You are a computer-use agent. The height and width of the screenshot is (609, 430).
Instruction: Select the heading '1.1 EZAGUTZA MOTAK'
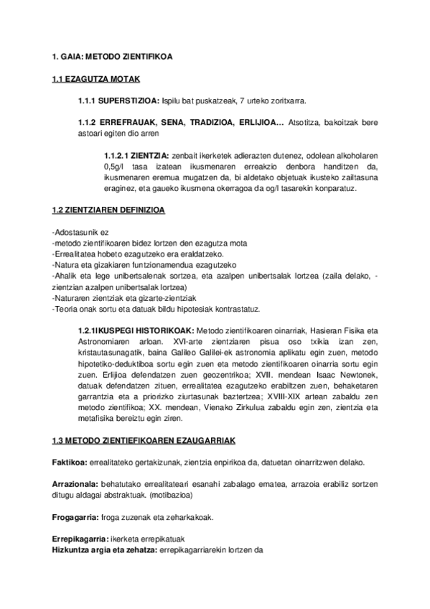pyautogui.click(x=95, y=78)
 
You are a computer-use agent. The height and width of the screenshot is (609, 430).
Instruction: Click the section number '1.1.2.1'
pyautogui.click(x=117, y=155)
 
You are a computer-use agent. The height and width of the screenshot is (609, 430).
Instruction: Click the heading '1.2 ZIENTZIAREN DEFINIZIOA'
pyautogui.click(x=108, y=210)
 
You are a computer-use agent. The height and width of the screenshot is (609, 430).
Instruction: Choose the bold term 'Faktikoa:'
pyautogui.click(x=70, y=461)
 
